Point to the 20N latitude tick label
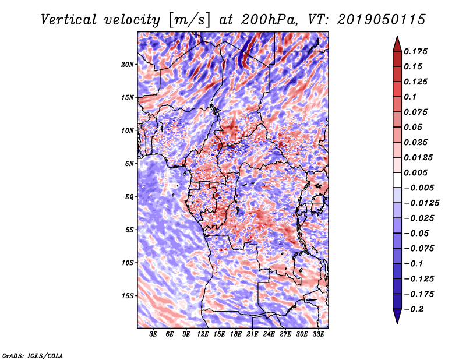[128, 64]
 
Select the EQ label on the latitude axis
[129, 197]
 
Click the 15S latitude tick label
[128, 296]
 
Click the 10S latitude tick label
[128, 263]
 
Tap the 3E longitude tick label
[154, 335]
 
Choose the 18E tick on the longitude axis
[236, 335]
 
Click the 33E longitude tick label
[318, 335]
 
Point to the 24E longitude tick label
[269, 335]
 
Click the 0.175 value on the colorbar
[418, 52]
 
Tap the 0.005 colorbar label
[418, 173]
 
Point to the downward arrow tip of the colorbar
[396, 321]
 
